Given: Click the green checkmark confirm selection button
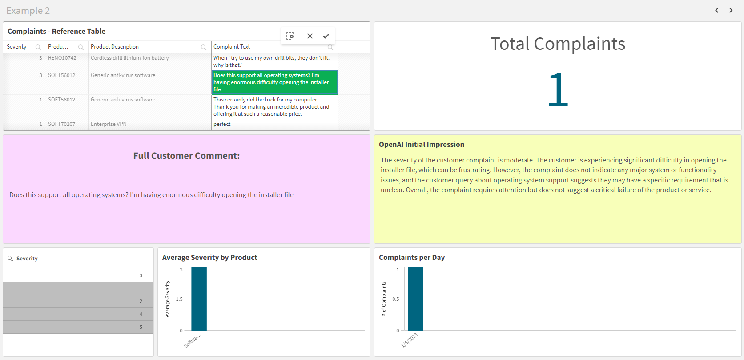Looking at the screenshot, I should [x=326, y=36].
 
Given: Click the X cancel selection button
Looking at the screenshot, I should [x=310, y=36].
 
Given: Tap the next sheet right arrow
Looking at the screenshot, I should [x=731, y=10].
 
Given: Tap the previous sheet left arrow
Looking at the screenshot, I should [x=717, y=10].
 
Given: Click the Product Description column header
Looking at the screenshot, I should [x=115, y=47].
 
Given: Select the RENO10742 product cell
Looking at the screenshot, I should [x=62, y=58].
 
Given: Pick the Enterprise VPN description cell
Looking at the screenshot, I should [x=109, y=124].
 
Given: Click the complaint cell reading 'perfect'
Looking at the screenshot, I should [x=222, y=124].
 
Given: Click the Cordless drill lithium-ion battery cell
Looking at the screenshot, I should [x=130, y=58].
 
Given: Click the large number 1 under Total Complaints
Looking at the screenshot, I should [x=558, y=90].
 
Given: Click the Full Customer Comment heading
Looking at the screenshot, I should [x=186, y=156].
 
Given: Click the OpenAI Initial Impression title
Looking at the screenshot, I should [x=421, y=145].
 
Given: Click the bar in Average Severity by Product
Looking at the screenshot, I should [x=199, y=299].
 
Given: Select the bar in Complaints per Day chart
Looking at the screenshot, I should [x=415, y=299].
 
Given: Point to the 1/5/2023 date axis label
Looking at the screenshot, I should [x=410, y=340].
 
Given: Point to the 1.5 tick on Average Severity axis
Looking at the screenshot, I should [x=179, y=299].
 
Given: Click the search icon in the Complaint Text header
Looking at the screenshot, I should [x=330, y=47].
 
